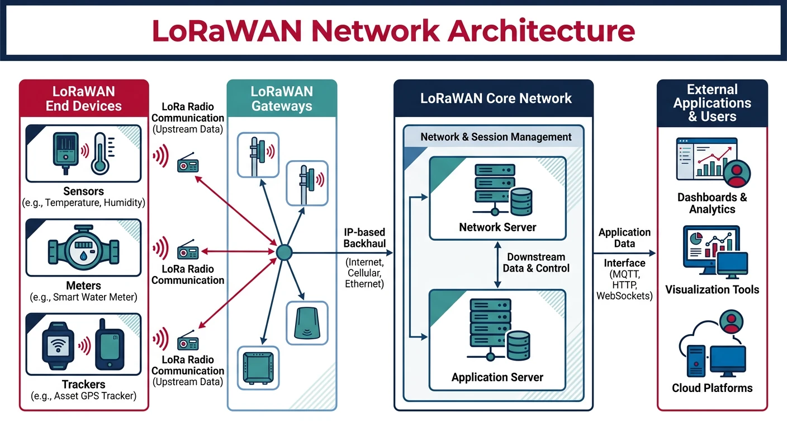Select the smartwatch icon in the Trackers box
click(x=59, y=345)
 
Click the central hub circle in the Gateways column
click(x=285, y=253)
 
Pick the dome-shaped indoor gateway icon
click(x=305, y=323)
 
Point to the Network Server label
click(x=497, y=227)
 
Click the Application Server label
click(x=497, y=377)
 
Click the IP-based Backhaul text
click(x=364, y=238)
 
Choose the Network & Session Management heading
click(x=496, y=137)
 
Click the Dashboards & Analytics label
click(x=712, y=203)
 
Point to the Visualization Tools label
click(x=712, y=289)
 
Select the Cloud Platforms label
click(x=712, y=388)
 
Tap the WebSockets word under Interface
click(x=624, y=296)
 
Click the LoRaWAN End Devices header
click(x=84, y=99)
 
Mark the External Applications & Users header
click(x=712, y=103)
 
